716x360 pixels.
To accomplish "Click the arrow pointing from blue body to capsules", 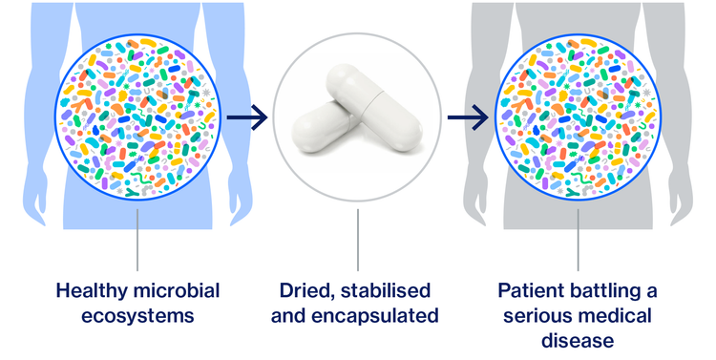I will pos(246,119).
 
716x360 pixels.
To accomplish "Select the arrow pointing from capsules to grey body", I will pos(468,119).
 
